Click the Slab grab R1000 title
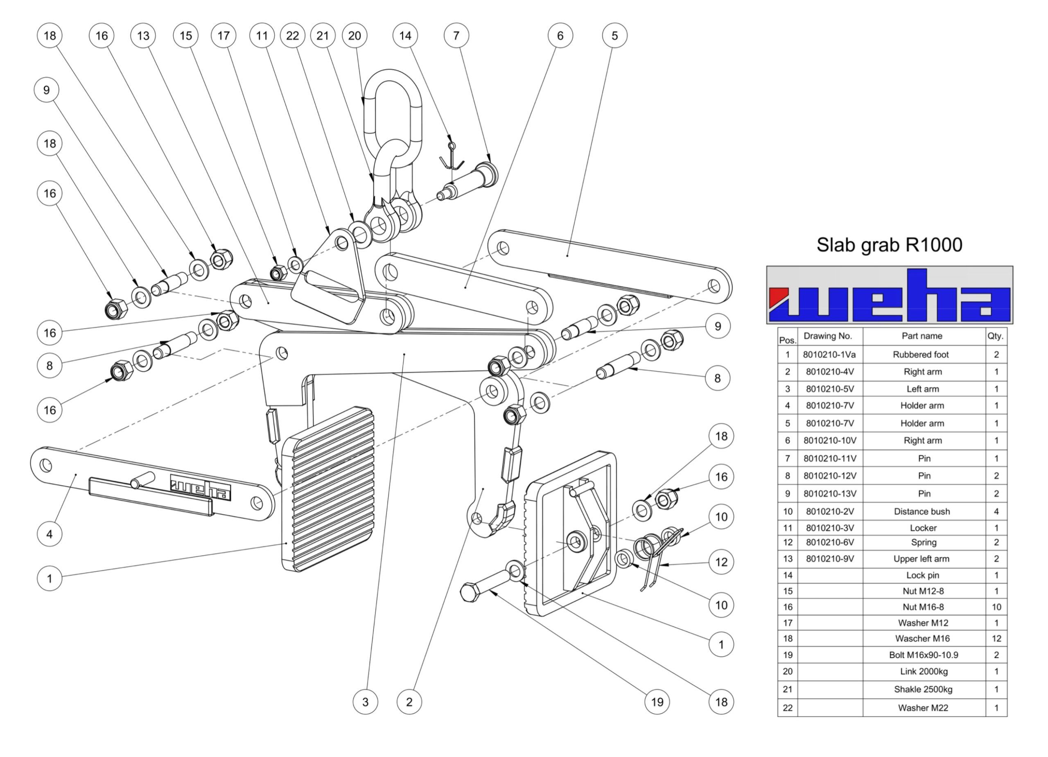(889, 245)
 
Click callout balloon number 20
(355, 36)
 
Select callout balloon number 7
(456, 36)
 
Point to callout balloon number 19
(657, 702)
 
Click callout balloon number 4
(50, 534)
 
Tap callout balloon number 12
(721, 562)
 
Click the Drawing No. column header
(830, 336)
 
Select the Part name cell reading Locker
(923, 528)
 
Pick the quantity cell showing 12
(996, 638)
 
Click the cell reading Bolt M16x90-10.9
(923, 655)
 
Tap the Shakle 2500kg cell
(923, 689)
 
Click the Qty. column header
(996, 336)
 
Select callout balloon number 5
(614, 36)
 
